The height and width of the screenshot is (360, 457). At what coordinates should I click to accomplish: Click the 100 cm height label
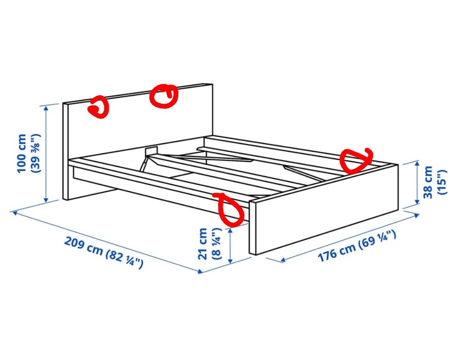[22, 153]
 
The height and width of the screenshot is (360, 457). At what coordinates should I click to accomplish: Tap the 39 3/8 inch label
[36, 153]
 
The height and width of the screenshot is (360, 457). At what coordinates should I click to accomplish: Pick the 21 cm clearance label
[203, 244]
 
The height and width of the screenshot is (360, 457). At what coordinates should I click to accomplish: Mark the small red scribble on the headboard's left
[99, 108]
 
